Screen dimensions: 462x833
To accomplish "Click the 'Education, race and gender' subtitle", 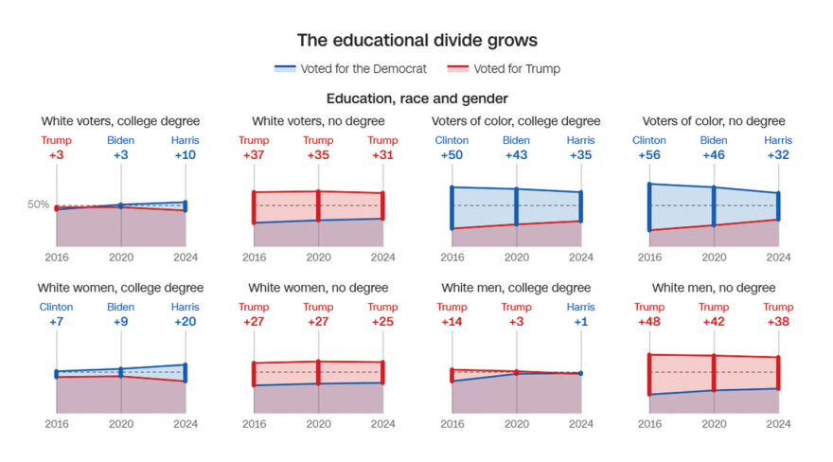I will tap(416, 98).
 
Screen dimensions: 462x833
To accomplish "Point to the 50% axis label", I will tap(38, 204).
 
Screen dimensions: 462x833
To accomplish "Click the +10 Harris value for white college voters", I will tap(186, 155).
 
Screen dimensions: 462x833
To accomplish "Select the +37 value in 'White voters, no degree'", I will tap(254, 155).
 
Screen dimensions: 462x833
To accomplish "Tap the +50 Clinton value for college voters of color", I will tap(452, 155).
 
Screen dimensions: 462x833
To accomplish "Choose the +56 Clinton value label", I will tap(649, 155).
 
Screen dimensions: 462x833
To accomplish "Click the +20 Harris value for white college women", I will tap(186, 322).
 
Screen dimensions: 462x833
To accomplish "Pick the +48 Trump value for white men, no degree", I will tap(649, 322).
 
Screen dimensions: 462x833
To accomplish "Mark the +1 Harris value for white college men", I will tap(581, 322).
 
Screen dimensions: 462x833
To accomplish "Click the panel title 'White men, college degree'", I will tap(516, 288).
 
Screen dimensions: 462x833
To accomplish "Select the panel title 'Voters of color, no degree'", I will tap(714, 121).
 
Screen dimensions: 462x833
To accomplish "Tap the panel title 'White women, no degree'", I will tap(318, 288).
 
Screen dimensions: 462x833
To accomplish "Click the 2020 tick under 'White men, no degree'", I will tap(714, 424).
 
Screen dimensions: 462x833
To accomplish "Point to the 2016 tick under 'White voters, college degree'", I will tap(57, 257).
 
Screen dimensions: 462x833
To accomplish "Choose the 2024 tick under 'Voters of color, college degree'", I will tap(580, 257).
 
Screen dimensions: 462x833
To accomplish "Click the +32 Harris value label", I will tap(778, 155).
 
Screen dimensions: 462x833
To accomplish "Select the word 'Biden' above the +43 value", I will tap(516, 141).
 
